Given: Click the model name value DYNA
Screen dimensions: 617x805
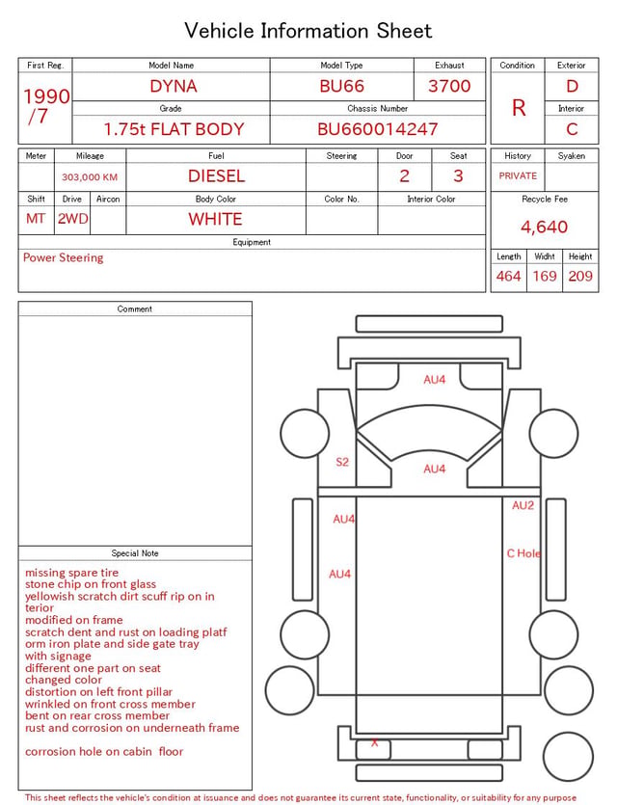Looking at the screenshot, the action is (173, 86).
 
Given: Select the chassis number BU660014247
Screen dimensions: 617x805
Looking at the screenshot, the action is (377, 129).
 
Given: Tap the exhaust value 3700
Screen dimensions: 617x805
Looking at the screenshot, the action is (449, 86).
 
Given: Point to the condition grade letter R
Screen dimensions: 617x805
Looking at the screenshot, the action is (519, 108).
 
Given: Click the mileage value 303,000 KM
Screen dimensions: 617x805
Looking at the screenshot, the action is (90, 177).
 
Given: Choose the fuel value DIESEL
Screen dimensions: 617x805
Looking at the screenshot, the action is (216, 176).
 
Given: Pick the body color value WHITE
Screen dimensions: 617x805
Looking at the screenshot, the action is (215, 219).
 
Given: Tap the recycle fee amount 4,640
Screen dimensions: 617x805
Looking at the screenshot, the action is (544, 227).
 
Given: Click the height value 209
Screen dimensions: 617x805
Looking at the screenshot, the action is (580, 276).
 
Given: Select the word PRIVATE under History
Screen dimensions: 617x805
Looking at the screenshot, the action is (518, 175).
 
